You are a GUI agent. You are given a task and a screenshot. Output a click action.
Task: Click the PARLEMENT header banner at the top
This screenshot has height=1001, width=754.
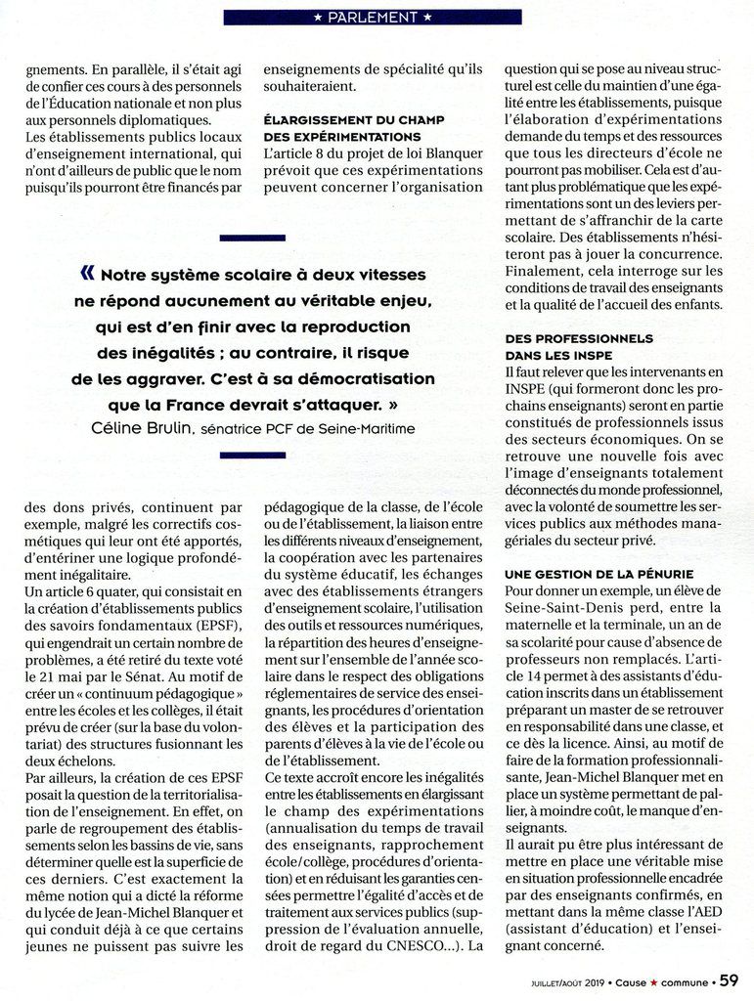click(372, 17)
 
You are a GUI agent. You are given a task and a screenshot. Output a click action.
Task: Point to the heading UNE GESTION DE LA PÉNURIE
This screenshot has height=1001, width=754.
click(599, 572)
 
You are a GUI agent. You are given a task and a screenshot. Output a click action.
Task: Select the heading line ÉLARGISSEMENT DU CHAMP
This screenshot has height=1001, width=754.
click(355, 119)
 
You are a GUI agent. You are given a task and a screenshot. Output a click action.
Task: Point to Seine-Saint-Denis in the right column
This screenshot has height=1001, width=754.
click(562, 608)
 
